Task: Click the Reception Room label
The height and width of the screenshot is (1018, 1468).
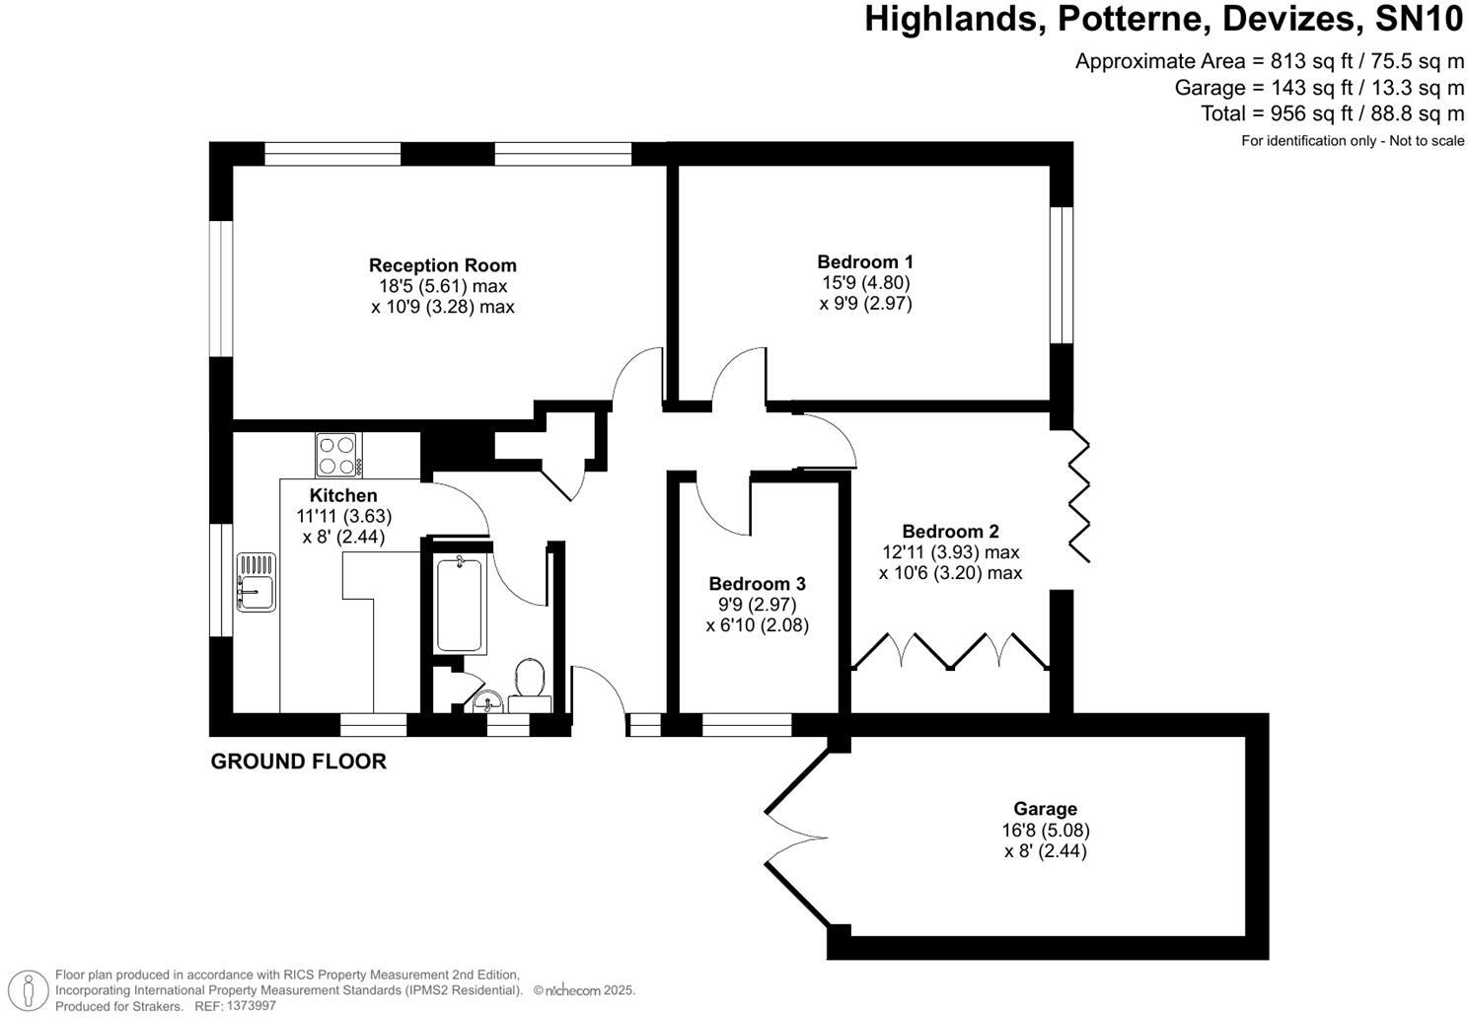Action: pyautogui.click(x=442, y=265)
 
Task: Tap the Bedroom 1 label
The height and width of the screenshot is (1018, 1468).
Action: pyautogui.click(x=865, y=261)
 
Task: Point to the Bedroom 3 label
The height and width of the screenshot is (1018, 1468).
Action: pyautogui.click(x=757, y=583)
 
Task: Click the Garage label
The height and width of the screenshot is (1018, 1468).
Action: pyautogui.click(x=1045, y=809)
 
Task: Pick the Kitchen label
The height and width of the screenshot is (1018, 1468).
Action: pyautogui.click(x=343, y=495)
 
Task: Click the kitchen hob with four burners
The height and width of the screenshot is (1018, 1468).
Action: pyautogui.click(x=337, y=456)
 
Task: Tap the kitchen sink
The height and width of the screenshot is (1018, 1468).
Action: pyautogui.click(x=257, y=583)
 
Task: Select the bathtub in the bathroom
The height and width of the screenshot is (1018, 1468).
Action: pyautogui.click(x=462, y=603)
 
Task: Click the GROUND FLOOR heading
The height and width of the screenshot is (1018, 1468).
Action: pyautogui.click(x=298, y=762)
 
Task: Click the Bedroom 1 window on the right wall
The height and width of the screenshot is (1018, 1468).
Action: pyautogui.click(x=1061, y=274)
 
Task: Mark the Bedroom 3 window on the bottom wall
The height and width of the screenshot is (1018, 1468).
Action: pyautogui.click(x=747, y=725)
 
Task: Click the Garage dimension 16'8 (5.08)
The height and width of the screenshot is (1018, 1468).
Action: pyautogui.click(x=1045, y=831)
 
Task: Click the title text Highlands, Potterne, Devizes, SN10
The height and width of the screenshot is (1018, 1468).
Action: pyautogui.click(x=1164, y=20)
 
